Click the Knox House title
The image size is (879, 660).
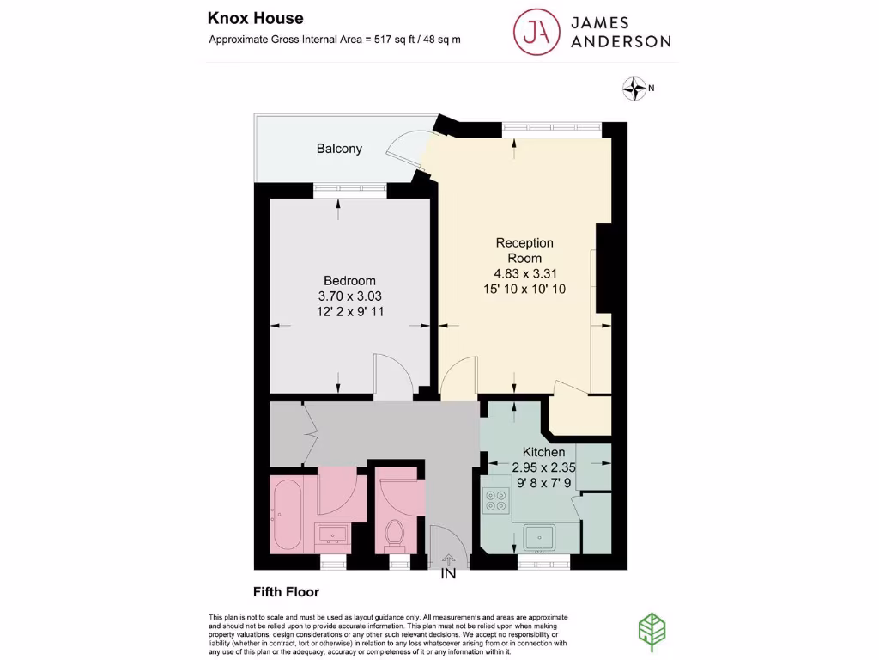[x=255, y=18]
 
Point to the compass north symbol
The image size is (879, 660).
[x=634, y=86]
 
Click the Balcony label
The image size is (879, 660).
[x=339, y=149]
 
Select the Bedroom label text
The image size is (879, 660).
[x=349, y=281]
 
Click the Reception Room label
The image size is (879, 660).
[x=524, y=250]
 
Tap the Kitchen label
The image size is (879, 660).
[x=544, y=452]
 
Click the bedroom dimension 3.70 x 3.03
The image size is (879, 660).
[x=349, y=296]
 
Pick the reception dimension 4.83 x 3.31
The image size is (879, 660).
[x=524, y=274]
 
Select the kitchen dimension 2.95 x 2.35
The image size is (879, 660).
[x=543, y=467]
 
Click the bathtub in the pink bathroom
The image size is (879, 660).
[x=286, y=515]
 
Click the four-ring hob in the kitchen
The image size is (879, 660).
[x=496, y=500]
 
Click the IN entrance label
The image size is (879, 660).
[x=448, y=574]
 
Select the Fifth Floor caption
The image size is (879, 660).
[x=285, y=592]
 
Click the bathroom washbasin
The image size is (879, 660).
[x=331, y=535]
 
